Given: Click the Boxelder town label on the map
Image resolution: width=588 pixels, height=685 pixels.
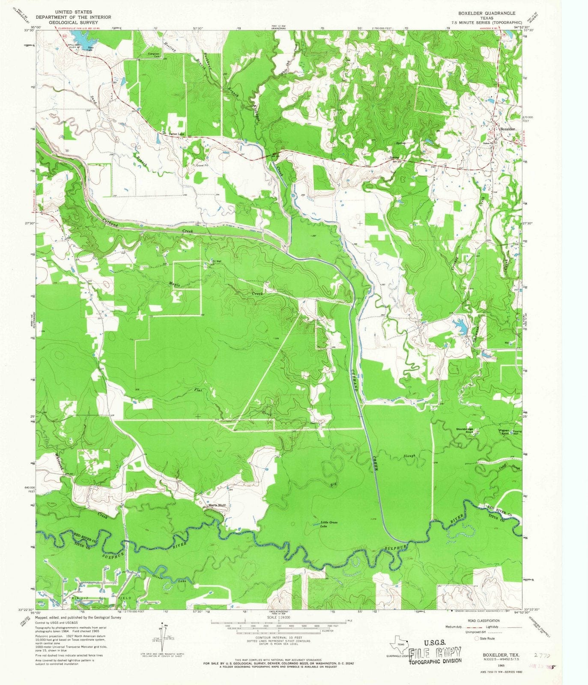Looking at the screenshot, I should [x=507, y=129].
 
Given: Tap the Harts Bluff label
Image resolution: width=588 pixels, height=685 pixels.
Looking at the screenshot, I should [x=217, y=505].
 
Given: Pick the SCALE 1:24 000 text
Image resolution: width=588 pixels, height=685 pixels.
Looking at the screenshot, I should [x=278, y=617].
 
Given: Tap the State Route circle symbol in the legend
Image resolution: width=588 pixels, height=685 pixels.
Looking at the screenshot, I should [x=477, y=638].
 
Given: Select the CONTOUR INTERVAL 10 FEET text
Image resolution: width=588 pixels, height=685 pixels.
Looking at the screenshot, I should [x=278, y=637].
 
